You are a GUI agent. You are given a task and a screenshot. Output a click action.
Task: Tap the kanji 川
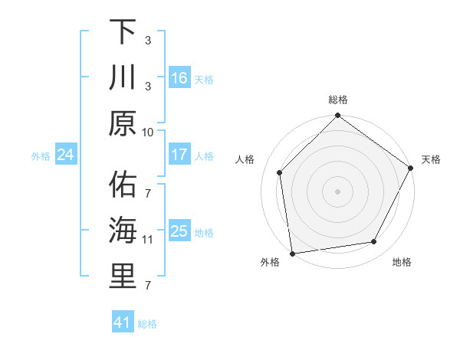coord(123,77)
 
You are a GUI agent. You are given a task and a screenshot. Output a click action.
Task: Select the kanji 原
coord(123,122)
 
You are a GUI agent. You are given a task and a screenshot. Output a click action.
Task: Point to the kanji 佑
coord(123,184)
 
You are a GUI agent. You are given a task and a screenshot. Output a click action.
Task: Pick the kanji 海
coord(123,230)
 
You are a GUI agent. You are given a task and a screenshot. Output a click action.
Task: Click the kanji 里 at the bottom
coord(123,276)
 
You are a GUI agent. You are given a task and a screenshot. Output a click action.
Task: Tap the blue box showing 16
coord(179,77)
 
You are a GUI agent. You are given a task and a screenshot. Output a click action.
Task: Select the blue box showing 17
coord(179,155)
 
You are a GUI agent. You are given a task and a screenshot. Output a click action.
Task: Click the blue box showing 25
coord(179,231)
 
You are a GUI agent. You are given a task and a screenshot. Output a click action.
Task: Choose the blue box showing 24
coord(65,155)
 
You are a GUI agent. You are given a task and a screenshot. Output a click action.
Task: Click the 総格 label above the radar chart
coord(338,100)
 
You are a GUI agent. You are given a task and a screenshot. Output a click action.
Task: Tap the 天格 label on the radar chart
coord(431,159)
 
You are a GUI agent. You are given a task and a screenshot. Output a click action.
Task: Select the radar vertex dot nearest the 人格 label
coord(280,172)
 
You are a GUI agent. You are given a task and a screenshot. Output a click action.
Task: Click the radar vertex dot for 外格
coord(293,253)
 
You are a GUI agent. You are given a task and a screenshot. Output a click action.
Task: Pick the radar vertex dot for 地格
coord(374,242)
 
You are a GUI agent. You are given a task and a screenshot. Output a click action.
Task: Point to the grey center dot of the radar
coord(338,191)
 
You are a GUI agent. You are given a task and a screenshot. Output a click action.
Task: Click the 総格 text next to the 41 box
coord(147,324)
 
